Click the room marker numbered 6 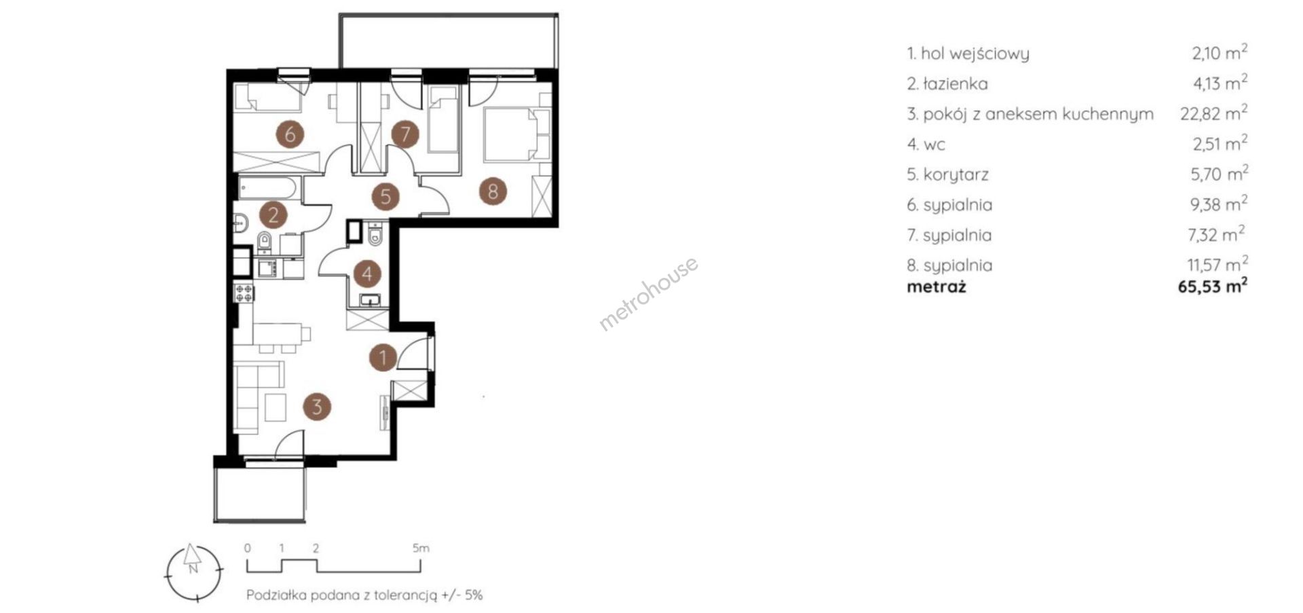coord(290,134)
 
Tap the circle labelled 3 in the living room coord(317,407)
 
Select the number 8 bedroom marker coord(493,191)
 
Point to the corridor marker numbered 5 coord(385,197)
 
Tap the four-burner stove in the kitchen coord(244,293)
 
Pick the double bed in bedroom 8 coord(518,134)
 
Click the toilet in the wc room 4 coord(375,236)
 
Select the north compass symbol coord(194,573)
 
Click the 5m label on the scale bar coord(421,548)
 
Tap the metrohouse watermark coord(648,293)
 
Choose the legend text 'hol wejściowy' coord(975,54)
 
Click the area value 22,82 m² coord(1214,113)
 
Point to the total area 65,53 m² coord(1213,286)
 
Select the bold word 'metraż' coord(937,286)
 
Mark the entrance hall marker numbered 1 coord(383,357)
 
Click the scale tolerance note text coord(364,595)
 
